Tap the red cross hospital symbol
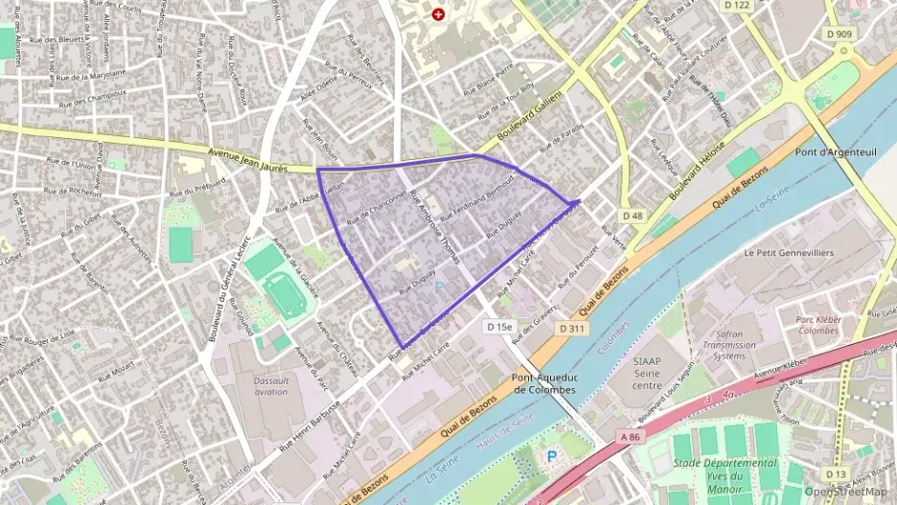439,14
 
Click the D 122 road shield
737,5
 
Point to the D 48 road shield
632,216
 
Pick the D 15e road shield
500,327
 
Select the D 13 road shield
836,473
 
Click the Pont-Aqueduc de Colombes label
543,383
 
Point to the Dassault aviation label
271,385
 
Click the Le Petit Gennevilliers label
789,253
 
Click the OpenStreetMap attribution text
846,492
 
